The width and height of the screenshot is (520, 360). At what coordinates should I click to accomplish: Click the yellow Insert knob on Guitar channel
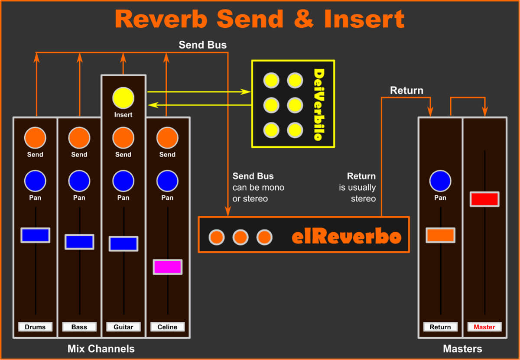tap(123, 97)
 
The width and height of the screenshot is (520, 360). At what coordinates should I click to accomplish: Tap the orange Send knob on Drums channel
tap(35, 138)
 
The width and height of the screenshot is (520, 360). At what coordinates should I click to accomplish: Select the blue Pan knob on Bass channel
tap(79, 181)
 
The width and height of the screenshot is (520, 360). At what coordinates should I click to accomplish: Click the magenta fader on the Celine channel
tap(167, 267)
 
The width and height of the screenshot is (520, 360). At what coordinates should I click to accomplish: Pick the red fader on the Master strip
tap(484, 199)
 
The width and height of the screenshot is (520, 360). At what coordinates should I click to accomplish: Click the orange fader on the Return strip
tap(440, 235)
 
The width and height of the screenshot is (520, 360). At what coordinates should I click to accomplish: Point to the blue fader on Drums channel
tap(35, 235)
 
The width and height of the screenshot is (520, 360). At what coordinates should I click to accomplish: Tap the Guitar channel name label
tap(123, 327)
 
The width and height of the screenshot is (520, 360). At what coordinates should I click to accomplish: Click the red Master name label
tap(484, 327)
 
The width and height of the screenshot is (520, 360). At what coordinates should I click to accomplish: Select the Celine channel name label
tap(167, 327)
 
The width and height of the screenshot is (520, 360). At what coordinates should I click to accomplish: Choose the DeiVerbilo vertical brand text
tap(318, 104)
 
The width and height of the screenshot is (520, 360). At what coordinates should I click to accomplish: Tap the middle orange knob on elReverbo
tap(240, 237)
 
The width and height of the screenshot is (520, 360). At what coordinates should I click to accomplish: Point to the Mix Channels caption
tap(101, 349)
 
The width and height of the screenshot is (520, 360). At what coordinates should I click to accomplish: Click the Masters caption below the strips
tap(462, 349)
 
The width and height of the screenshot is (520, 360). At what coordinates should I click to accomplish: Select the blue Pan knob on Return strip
tap(440, 181)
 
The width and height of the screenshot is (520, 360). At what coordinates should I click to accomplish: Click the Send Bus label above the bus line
tap(202, 45)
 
